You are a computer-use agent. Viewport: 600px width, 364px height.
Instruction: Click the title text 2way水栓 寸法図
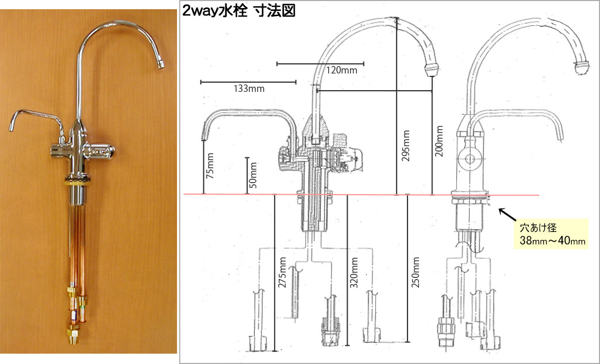click(239, 11)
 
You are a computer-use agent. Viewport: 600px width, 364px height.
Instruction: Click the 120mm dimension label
click(341, 71)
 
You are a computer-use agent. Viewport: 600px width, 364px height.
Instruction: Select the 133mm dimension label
click(249, 88)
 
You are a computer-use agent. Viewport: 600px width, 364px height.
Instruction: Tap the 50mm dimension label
click(253, 176)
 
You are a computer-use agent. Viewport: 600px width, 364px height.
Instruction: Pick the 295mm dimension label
click(406, 150)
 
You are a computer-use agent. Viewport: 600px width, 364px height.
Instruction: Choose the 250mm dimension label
click(416, 272)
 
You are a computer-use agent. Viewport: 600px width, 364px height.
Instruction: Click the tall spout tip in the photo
click(161, 63)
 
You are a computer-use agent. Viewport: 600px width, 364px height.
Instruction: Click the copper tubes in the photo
click(77, 253)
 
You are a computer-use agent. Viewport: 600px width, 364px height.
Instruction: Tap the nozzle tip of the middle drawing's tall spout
click(430, 69)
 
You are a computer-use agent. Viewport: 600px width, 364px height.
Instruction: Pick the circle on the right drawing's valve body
click(470, 159)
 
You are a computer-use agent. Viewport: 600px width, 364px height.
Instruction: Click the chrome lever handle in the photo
click(101, 152)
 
